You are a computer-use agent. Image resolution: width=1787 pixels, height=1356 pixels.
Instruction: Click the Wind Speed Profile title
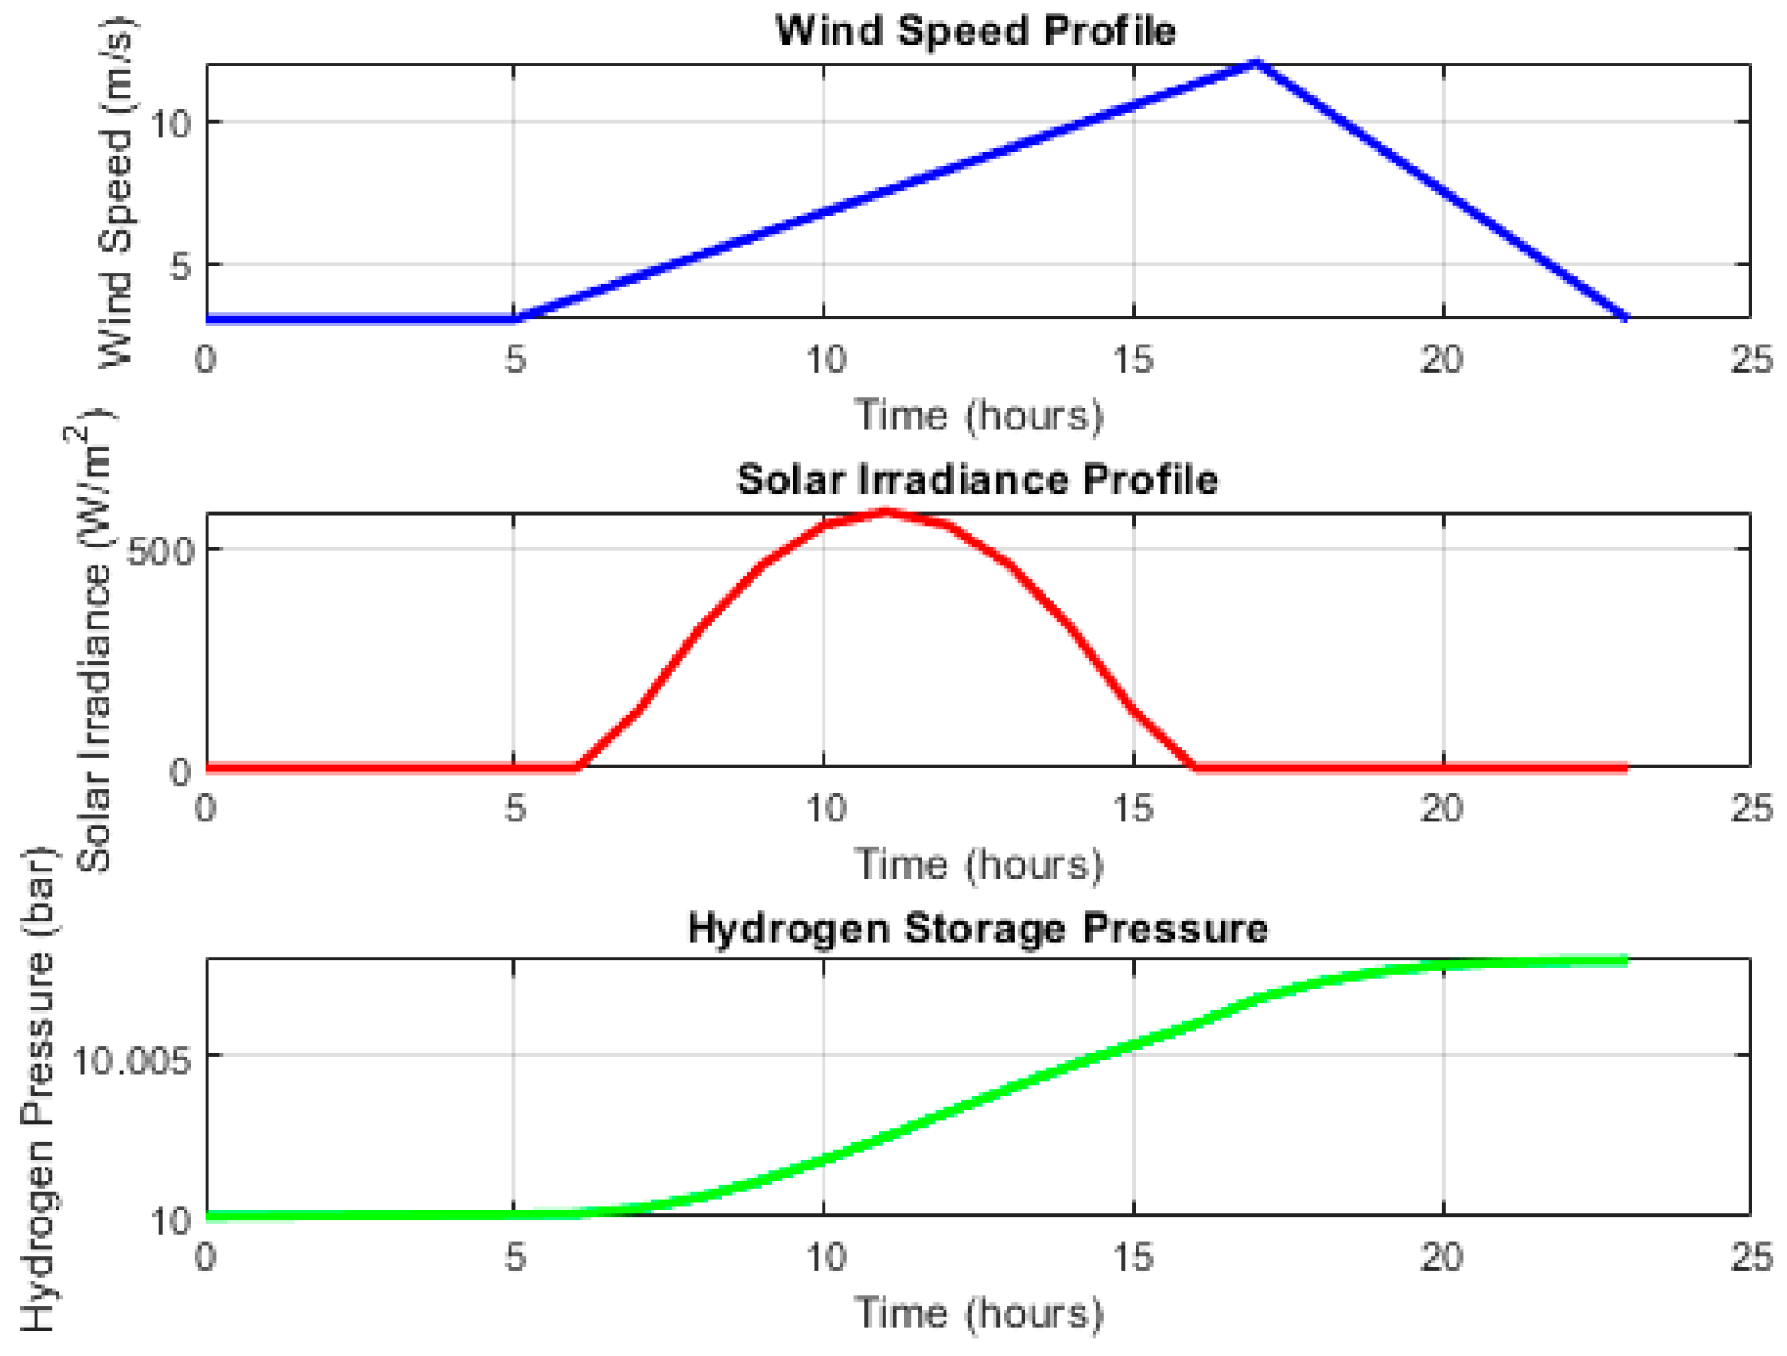pyautogui.click(x=975, y=31)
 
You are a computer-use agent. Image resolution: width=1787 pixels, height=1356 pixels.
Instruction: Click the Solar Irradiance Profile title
pyautogui.click(x=977, y=479)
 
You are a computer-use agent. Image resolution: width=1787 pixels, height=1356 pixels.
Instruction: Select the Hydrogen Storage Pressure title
pyautogui.click(x=977, y=929)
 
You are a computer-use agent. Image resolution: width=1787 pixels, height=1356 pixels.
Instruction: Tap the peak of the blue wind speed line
pyautogui.click(x=1257, y=64)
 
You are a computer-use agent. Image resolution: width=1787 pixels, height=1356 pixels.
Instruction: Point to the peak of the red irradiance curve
pyautogui.click(x=886, y=513)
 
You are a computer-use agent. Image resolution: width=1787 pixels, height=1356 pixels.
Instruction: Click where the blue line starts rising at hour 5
pyautogui.click(x=515, y=318)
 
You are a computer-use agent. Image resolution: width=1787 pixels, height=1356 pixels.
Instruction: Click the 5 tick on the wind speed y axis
pyautogui.click(x=181, y=266)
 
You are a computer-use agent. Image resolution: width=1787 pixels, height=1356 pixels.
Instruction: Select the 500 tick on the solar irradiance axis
pyautogui.click(x=159, y=550)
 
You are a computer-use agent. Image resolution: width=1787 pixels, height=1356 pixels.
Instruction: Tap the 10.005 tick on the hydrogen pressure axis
pyautogui.click(x=133, y=1059)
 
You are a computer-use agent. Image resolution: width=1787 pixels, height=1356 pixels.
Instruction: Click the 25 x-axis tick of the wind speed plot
pyautogui.click(x=1751, y=360)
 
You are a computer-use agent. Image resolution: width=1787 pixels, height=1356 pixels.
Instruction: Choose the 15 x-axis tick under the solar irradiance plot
pyautogui.click(x=1133, y=809)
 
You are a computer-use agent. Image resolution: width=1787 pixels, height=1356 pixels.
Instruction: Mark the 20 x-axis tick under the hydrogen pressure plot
pyautogui.click(x=1442, y=1257)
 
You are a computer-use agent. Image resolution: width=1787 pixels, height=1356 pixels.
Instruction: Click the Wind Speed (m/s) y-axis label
pyautogui.click(x=116, y=193)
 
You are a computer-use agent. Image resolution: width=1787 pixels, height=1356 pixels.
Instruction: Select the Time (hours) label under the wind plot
pyautogui.click(x=978, y=416)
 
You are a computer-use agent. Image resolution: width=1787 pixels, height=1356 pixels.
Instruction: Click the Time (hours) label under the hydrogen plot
pyautogui.click(x=978, y=1313)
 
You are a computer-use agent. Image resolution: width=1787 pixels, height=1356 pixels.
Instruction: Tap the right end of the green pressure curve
pyautogui.click(x=1625, y=960)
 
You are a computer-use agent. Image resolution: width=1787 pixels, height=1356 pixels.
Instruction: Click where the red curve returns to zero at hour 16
pyautogui.click(x=1195, y=767)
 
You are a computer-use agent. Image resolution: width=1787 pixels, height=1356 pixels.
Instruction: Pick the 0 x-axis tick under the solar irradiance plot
pyautogui.click(x=206, y=809)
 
